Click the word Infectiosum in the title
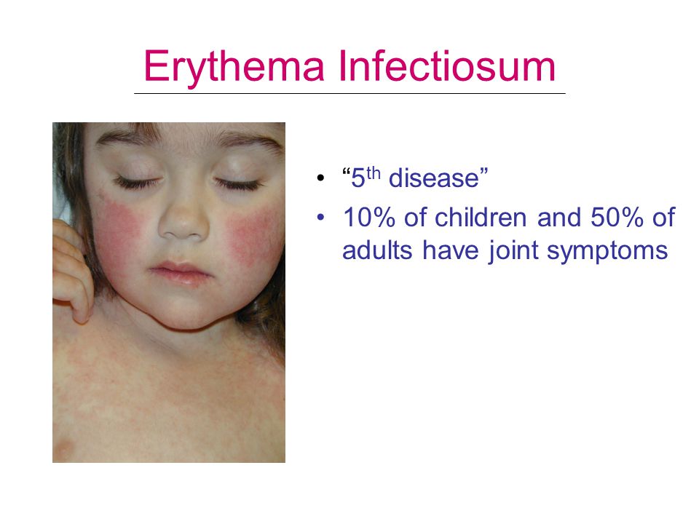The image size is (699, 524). [447, 66]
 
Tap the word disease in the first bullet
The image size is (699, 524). [434, 179]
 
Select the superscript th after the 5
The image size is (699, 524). [373, 173]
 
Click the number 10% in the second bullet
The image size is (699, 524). [369, 218]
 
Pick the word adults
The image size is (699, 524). [377, 250]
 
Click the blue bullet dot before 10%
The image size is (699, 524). [320, 218]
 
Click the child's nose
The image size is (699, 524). [183, 219]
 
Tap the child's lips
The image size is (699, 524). [181, 271]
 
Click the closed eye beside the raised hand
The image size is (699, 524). [136, 182]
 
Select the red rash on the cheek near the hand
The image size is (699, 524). [118, 227]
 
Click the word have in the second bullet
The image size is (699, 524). [450, 250]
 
